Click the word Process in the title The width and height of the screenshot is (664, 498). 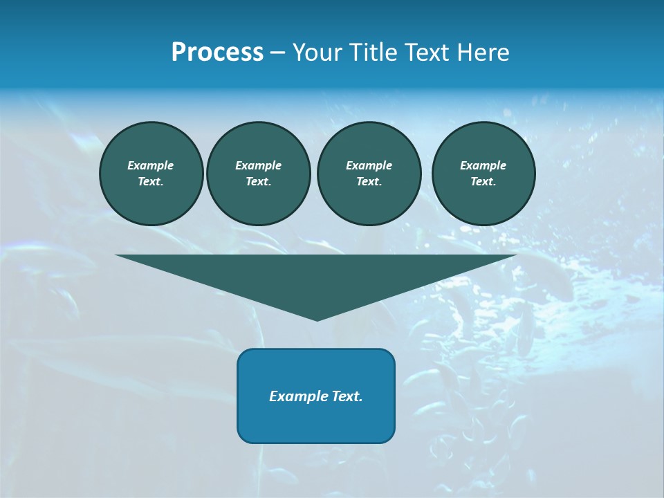tap(217, 53)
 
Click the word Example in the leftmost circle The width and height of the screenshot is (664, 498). tap(151, 165)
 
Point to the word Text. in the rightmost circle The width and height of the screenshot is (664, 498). tap(483, 181)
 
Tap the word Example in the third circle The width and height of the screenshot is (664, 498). tap(369, 165)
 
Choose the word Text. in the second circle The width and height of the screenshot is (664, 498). tap(258, 181)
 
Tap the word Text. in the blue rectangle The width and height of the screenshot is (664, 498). tap(348, 396)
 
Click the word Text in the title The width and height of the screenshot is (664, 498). tap(425, 53)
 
